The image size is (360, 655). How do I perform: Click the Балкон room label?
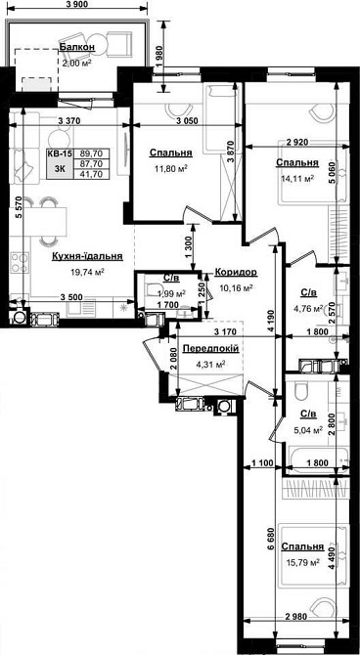click(77, 47)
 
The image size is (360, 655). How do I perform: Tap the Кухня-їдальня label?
click(87, 256)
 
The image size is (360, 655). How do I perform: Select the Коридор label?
click(236, 273)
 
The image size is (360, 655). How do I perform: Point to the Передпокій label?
click(211, 349)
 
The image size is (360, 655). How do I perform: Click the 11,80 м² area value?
click(171, 168)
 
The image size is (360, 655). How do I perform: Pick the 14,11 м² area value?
click(298, 178)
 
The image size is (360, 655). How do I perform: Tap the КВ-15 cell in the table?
click(60, 153)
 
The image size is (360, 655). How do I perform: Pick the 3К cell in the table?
click(60, 169)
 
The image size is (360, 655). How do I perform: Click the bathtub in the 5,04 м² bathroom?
click(317, 458)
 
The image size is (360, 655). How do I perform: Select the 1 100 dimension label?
click(262, 462)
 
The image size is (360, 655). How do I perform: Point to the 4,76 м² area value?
click(310, 309)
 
